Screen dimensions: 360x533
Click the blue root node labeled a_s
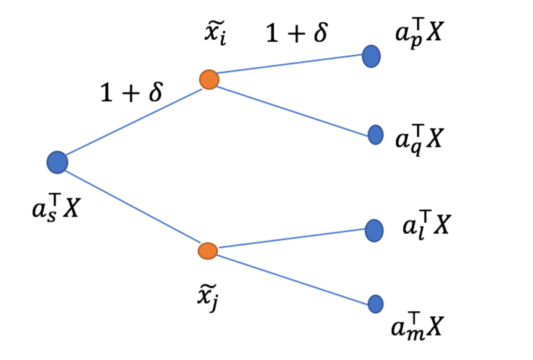click(x=57, y=162)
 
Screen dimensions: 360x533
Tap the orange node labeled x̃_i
click(x=209, y=80)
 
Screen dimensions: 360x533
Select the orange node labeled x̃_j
click(x=207, y=250)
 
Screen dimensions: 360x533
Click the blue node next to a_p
click(x=371, y=56)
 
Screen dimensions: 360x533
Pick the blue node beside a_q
click(x=376, y=135)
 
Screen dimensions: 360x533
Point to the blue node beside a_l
click(x=374, y=230)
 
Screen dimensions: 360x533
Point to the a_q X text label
click(x=418, y=138)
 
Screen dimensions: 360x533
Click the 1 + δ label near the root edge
click(x=131, y=94)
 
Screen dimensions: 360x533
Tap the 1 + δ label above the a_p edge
click(x=297, y=32)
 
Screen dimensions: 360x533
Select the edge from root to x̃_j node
click(x=132, y=205)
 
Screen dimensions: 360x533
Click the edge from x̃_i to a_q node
click(x=292, y=107)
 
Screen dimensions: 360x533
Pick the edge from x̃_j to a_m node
click(x=292, y=277)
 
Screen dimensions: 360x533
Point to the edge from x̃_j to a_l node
click(x=290, y=240)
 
